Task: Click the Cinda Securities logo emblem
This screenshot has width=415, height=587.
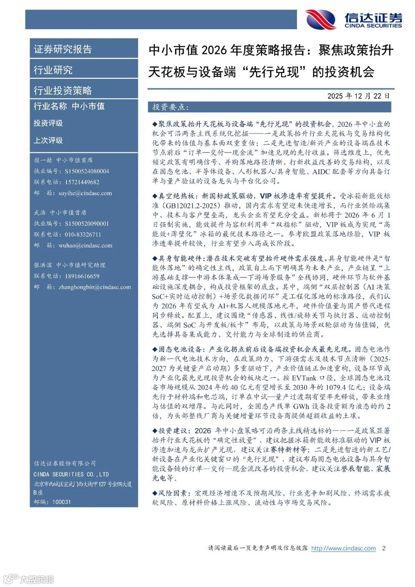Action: (x=321, y=19)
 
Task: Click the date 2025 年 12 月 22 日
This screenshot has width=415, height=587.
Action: (x=358, y=96)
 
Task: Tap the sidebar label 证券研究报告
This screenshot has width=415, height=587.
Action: (x=63, y=49)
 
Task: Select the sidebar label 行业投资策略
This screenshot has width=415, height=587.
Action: (x=63, y=90)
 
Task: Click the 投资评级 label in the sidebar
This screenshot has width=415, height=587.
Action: (x=48, y=123)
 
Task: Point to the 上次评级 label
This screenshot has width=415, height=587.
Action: (x=48, y=140)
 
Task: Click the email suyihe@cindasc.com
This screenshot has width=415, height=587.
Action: (x=85, y=193)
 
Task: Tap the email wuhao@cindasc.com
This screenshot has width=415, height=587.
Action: (x=85, y=245)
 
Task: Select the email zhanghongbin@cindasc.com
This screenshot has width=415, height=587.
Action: (x=95, y=287)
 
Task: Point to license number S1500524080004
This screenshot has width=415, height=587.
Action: (x=87, y=171)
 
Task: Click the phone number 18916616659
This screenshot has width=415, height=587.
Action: (x=82, y=276)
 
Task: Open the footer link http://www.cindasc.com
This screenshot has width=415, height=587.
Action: (x=343, y=548)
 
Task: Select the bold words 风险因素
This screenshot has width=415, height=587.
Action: (x=173, y=493)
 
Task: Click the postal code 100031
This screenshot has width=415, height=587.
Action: (x=61, y=502)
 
